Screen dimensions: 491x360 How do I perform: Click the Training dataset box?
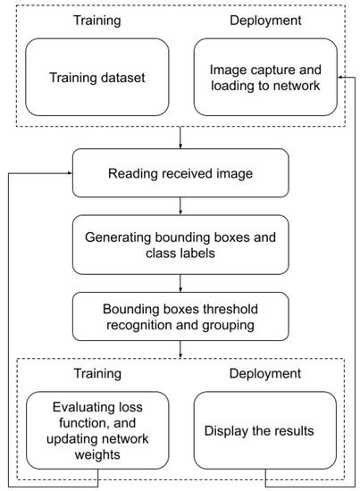point(97,77)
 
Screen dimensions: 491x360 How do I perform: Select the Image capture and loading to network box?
point(264,77)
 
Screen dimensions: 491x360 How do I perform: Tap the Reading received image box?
point(180,173)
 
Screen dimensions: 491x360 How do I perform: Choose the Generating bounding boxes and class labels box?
point(180,246)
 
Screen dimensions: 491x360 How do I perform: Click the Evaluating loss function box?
point(97,430)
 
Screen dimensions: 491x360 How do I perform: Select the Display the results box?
point(264,430)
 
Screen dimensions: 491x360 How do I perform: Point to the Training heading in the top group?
point(96,20)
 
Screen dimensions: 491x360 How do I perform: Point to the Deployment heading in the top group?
point(264,20)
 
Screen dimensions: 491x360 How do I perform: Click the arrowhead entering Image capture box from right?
point(340,77)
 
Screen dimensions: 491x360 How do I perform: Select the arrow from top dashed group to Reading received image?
point(180,137)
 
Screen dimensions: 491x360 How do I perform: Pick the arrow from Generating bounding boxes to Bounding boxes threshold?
point(180,283)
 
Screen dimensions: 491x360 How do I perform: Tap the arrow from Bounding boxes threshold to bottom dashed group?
point(180,352)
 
